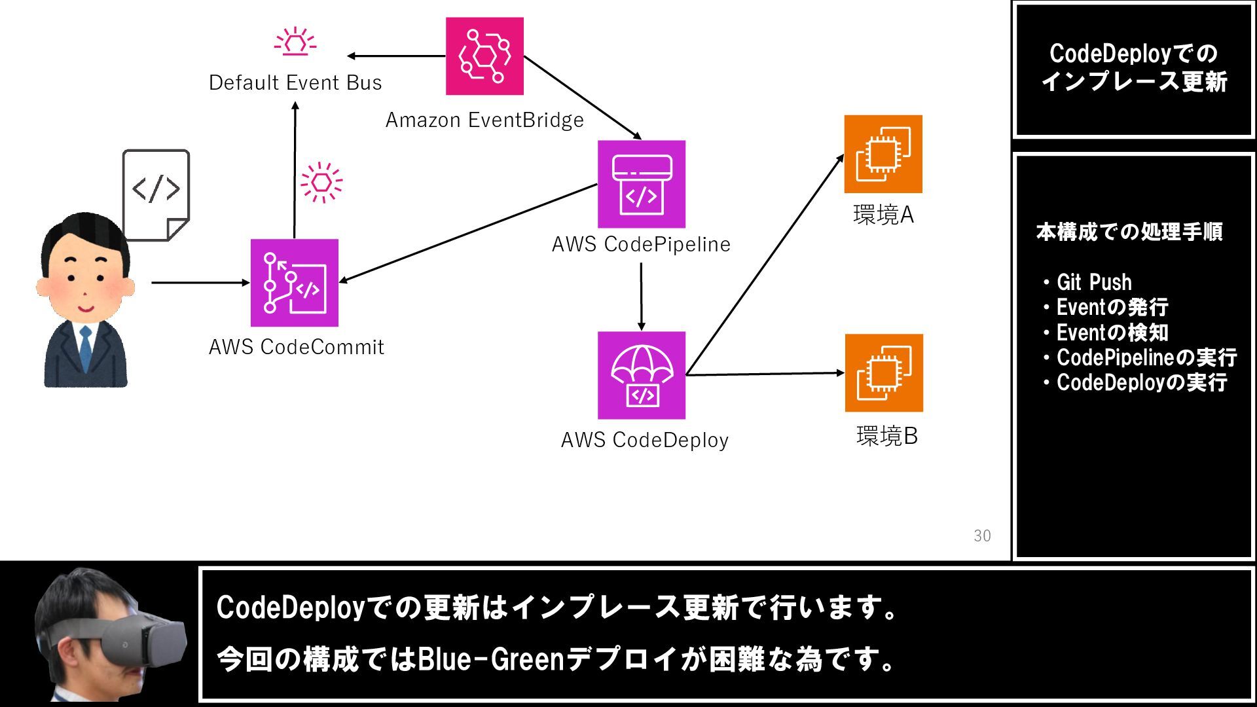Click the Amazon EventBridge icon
point(484,56)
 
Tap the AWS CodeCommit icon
point(295,283)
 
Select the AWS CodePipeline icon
point(642,184)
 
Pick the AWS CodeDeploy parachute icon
point(642,375)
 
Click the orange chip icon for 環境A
point(883,154)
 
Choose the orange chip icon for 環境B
point(884,373)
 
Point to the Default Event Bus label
point(295,83)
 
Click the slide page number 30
point(982,535)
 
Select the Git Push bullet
point(1093,282)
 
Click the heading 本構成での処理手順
point(1129,232)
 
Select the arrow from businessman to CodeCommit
point(200,283)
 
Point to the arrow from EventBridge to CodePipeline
point(582,98)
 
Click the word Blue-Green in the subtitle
point(490,659)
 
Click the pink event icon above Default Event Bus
point(295,41)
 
